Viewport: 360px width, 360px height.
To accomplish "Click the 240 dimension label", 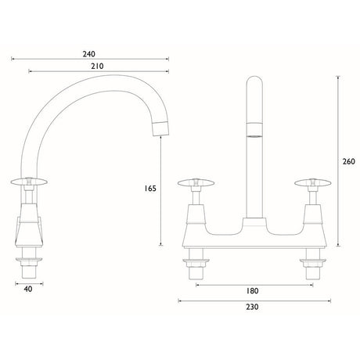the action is (89, 54).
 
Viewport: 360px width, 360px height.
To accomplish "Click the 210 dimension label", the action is (97, 67).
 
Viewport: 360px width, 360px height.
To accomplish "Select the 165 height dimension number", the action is (150, 188).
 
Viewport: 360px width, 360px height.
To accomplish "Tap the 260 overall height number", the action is (349, 161).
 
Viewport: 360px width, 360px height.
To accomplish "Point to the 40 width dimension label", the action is (28, 289).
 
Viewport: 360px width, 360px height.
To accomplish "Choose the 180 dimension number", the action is (252, 290).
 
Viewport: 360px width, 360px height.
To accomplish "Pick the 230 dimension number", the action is (252, 307).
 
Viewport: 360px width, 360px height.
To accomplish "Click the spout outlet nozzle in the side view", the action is (160, 128).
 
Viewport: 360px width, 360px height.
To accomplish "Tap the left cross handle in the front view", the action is (196, 182).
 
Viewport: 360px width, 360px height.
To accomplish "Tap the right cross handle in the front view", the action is (313, 182).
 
